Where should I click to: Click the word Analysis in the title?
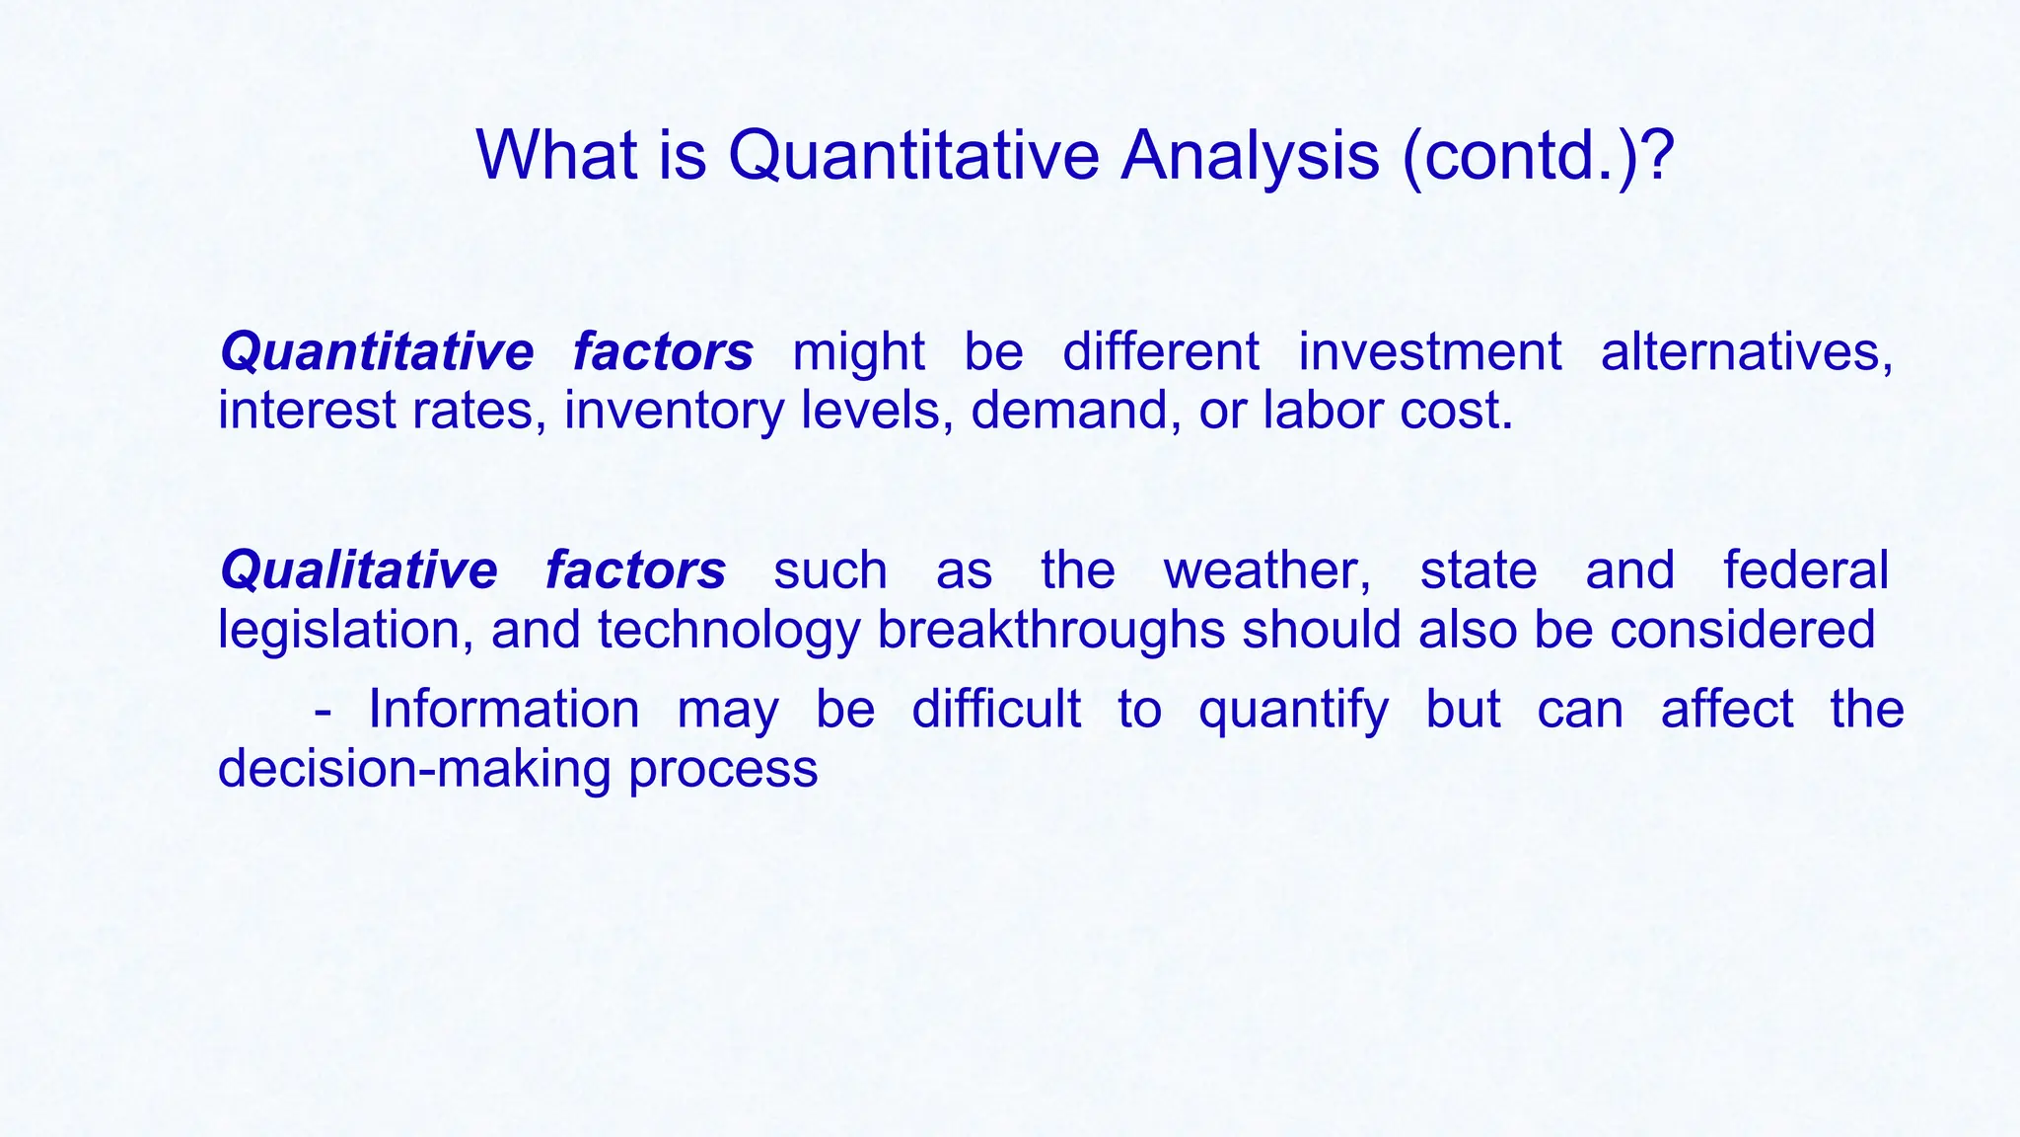click(1249, 155)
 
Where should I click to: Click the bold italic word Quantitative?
click(377, 352)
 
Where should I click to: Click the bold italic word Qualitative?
click(359, 570)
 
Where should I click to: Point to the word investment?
click(1429, 352)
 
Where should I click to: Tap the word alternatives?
click(1746, 352)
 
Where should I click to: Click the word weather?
click(1266, 570)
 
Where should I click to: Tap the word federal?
click(1805, 570)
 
